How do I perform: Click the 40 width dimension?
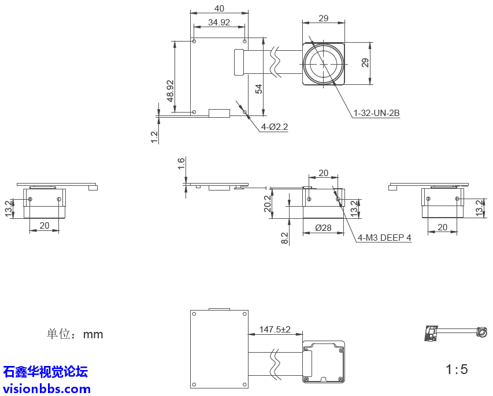point(219,8)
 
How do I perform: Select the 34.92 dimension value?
point(219,23)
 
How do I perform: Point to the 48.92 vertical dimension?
point(170,91)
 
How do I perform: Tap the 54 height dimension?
point(259,88)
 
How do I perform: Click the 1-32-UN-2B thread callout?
point(376,113)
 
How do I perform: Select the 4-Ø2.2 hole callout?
point(275,126)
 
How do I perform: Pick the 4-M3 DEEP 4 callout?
point(384,237)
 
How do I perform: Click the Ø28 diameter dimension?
point(323,228)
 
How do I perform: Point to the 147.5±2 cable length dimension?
point(275,329)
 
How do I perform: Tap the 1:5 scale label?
point(457,369)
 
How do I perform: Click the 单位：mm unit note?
point(75,334)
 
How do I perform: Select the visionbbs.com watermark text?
point(47,388)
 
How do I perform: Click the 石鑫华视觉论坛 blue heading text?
point(46,372)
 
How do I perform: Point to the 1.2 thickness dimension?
point(154,137)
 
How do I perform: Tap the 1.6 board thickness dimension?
point(181,163)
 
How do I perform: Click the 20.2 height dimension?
point(267,203)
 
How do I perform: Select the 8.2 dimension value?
point(284,237)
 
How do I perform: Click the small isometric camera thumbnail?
point(454,333)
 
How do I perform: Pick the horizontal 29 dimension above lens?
point(323,18)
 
